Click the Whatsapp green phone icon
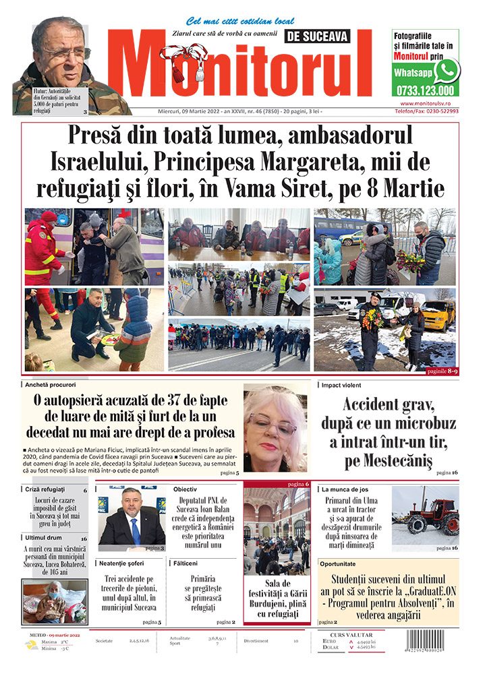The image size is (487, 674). coord(447,71)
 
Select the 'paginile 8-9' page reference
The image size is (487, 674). coord(442,371)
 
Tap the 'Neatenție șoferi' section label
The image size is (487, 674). coord(125,562)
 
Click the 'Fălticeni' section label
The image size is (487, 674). coord(185,562)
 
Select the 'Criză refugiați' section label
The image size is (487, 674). coord(46,489)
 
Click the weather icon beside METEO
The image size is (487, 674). coord(31,645)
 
